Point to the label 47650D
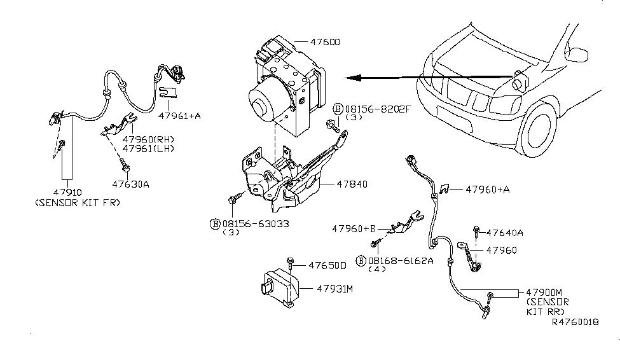(327, 265)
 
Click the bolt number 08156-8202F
(378, 109)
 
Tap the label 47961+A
(179, 116)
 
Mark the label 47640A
(506, 233)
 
